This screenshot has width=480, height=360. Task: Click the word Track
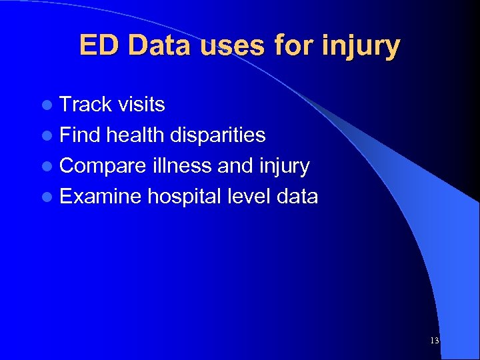86,105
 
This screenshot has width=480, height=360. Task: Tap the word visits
141,105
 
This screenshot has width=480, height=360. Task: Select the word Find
79,135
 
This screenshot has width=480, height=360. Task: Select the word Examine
100,197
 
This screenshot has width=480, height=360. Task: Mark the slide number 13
435,341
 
